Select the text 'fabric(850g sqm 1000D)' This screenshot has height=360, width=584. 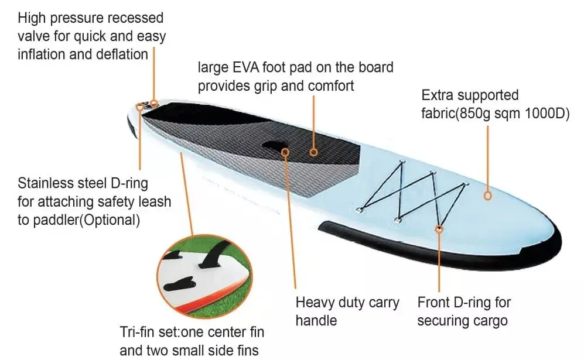pyautogui.click(x=496, y=114)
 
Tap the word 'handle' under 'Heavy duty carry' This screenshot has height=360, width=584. pyautogui.click(x=316, y=321)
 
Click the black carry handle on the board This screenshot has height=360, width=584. pyautogui.click(x=275, y=146)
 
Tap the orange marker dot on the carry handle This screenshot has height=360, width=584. pyautogui.click(x=286, y=152)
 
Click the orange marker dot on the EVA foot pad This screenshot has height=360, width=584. pyautogui.click(x=313, y=152)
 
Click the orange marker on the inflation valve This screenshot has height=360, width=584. pyautogui.click(x=155, y=104)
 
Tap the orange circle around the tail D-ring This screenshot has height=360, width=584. pyautogui.click(x=141, y=107)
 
